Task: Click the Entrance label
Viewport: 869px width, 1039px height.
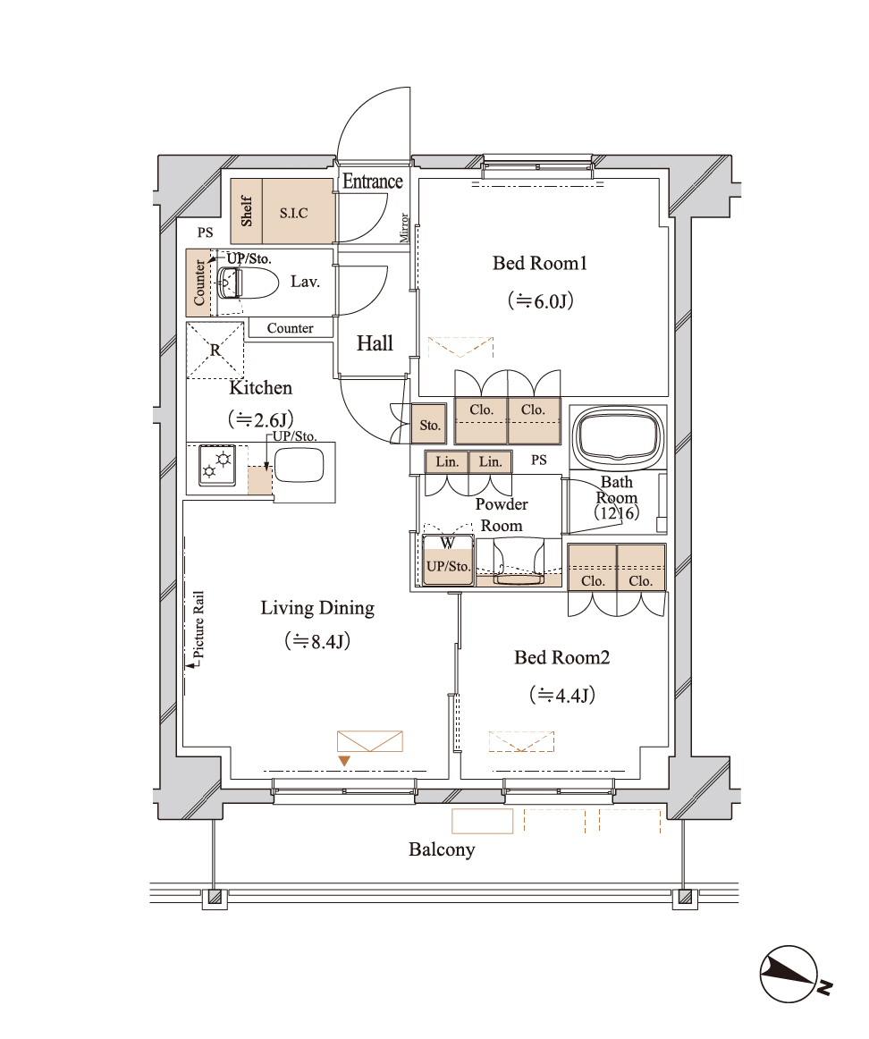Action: coord(372,181)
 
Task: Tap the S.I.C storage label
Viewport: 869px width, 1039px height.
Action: coord(293,213)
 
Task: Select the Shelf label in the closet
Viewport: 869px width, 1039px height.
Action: coord(247,211)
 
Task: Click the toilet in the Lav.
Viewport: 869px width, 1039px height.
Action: coord(244,283)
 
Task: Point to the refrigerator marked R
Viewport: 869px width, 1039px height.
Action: coord(215,351)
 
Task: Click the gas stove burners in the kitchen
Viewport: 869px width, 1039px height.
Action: coord(216,465)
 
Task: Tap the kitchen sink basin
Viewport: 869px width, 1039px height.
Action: coord(299,466)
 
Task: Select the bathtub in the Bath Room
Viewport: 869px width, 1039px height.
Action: coord(619,436)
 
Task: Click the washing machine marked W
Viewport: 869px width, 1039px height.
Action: coord(449,559)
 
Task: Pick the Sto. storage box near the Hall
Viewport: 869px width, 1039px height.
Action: coord(430,425)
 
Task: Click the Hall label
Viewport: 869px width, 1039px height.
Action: coord(375,343)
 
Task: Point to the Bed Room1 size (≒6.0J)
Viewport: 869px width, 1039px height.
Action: coord(541,300)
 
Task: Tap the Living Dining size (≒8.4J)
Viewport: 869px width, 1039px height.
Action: coord(317,641)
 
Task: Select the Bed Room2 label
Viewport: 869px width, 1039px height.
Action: coord(561,657)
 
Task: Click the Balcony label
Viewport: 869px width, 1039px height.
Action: coord(442,849)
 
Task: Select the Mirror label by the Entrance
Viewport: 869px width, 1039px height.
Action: coord(404,227)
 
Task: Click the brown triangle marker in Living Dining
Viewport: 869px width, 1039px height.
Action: coord(344,761)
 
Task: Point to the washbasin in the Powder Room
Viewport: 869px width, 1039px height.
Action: coord(519,562)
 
